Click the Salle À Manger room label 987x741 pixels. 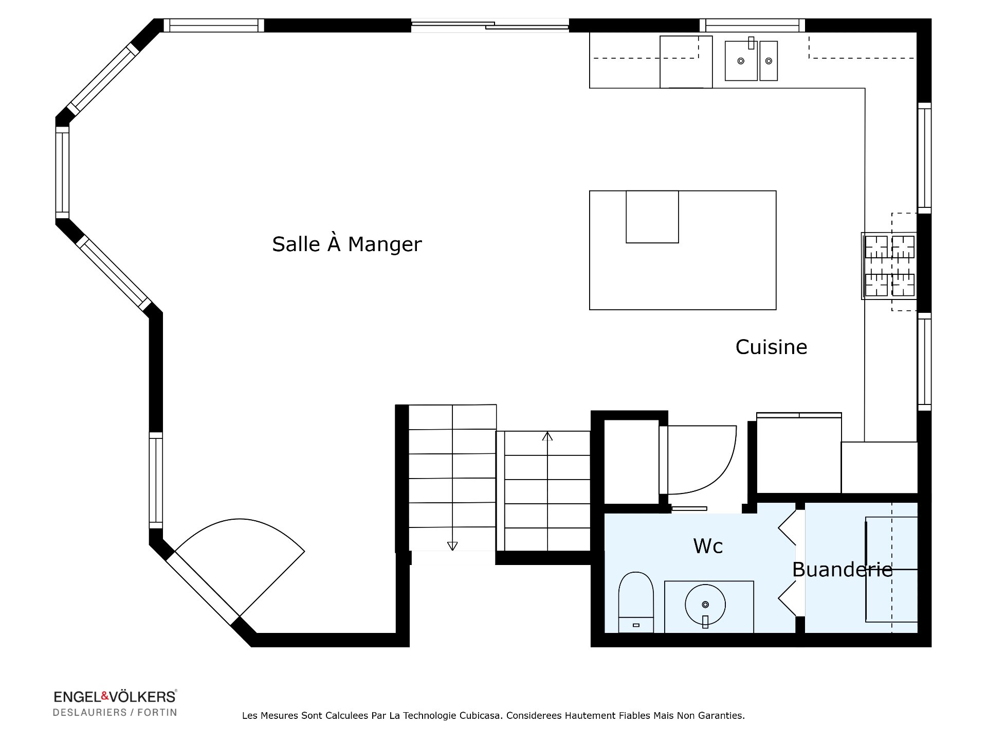point(347,244)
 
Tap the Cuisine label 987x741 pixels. point(771,347)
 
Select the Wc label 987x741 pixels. point(708,546)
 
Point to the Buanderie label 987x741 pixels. point(843,570)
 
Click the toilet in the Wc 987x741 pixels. point(636,602)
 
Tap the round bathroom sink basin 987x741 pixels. point(705,605)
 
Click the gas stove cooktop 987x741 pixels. point(889,266)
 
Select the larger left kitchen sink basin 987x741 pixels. point(741,61)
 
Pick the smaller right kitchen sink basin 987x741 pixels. point(769,61)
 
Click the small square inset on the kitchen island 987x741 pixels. point(652,217)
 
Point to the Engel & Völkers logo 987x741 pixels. point(115,697)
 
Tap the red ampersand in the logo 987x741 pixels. point(105,696)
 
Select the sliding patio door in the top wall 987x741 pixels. point(490,25)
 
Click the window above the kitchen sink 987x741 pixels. point(753,25)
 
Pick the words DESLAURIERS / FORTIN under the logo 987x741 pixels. point(115,713)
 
